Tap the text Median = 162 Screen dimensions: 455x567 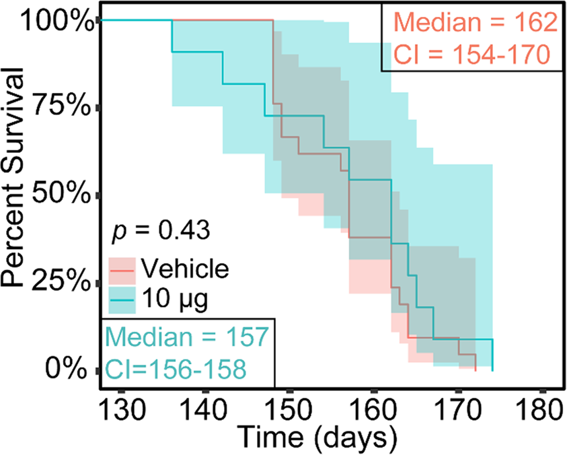click(x=474, y=23)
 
